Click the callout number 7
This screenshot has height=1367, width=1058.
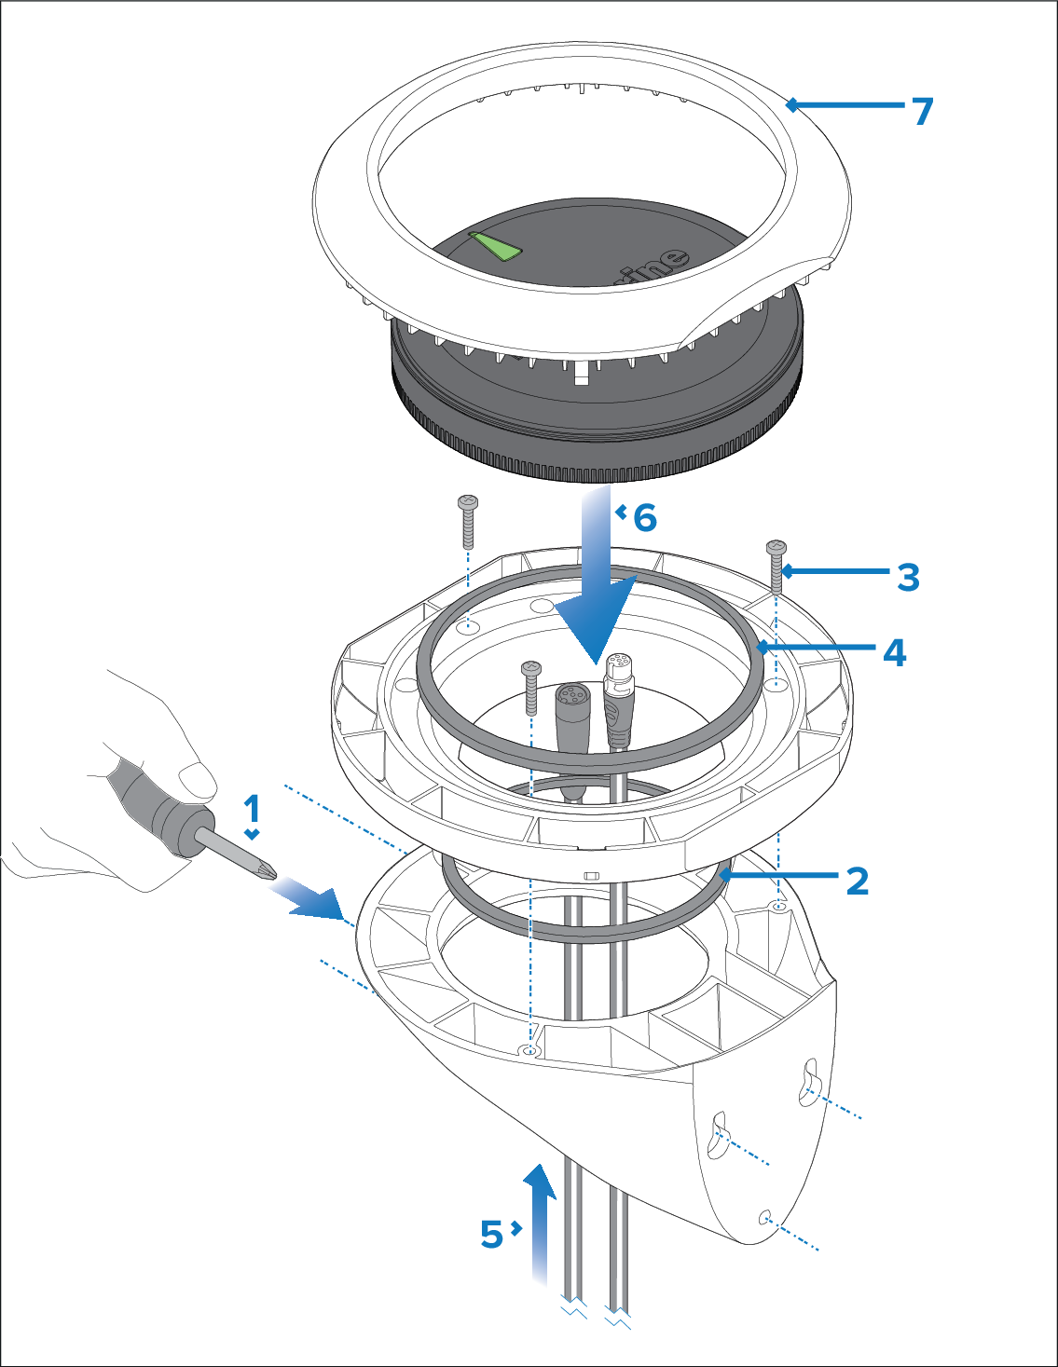[922, 111]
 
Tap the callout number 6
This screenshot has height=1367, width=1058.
[645, 517]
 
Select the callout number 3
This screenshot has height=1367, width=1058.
[908, 577]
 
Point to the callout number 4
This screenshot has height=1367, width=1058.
[894, 652]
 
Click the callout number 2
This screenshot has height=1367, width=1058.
[857, 881]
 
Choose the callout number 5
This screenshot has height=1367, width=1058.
[491, 1234]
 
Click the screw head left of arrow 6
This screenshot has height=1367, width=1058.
[468, 504]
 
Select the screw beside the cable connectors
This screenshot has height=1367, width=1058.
[530, 685]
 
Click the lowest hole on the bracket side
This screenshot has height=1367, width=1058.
[765, 1216]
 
